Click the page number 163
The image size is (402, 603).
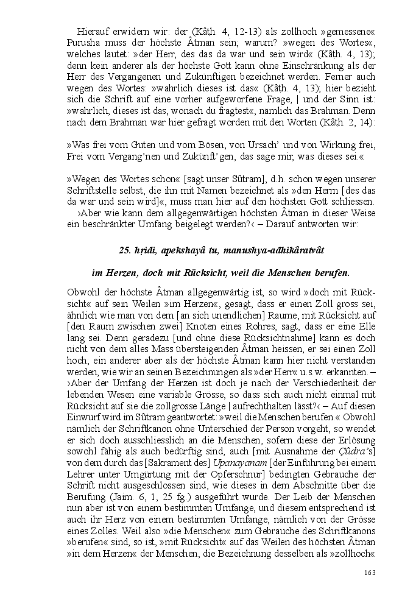pyautogui.click(x=370, y=572)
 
